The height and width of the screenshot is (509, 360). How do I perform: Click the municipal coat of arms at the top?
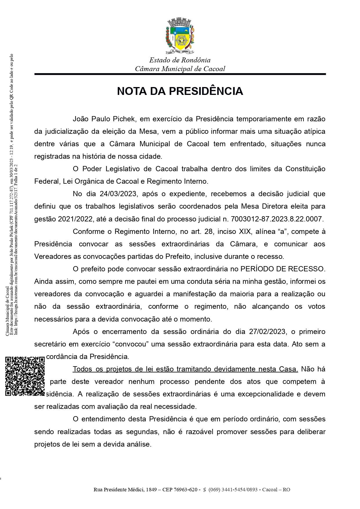tap(180, 36)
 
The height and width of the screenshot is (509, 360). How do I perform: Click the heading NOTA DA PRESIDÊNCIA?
tap(180, 91)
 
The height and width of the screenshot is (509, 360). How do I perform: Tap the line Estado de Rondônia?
tap(180, 60)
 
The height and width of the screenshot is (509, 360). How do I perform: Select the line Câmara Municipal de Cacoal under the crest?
tap(180, 69)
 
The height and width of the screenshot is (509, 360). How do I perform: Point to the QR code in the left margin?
tap(25, 376)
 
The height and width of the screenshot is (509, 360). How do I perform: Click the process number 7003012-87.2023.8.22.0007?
tap(277, 219)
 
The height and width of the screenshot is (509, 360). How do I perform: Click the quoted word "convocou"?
tap(131, 344)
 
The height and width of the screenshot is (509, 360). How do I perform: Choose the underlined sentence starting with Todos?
tap(185, 369)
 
